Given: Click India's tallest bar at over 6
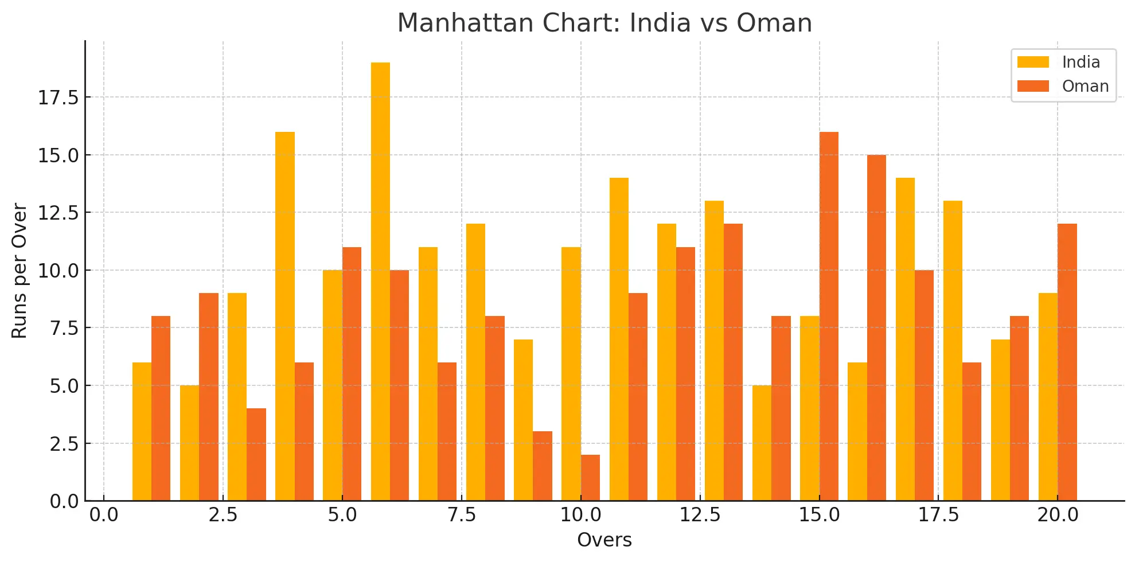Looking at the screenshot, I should coord(380,281).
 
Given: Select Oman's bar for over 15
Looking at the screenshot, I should coord(829,316).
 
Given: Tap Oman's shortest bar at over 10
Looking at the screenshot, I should coord(590,478).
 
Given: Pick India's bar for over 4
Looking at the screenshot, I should coord(285,316).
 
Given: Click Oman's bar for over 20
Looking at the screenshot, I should coord(1067,362).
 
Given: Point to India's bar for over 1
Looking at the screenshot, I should coord(142,431).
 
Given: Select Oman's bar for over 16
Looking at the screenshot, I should coord(876,327).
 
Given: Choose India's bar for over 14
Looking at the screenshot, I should coord(762,443).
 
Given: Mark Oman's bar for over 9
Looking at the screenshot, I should coord(543,466).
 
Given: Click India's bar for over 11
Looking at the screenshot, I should coord(619,339).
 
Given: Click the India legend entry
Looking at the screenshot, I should coord(1081,62).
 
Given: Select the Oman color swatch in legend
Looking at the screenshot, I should coord(1033,86).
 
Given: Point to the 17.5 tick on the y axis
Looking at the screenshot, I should coord(58,98).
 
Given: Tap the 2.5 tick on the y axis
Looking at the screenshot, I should coord(64,444).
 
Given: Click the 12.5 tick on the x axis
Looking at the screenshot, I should coord(700,515).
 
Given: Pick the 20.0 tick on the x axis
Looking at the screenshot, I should coord(1058,515).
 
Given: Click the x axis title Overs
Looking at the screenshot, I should coord(604,540).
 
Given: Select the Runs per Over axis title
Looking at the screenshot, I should coord(19,271).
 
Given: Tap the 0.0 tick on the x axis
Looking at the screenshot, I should coord(104,515).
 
